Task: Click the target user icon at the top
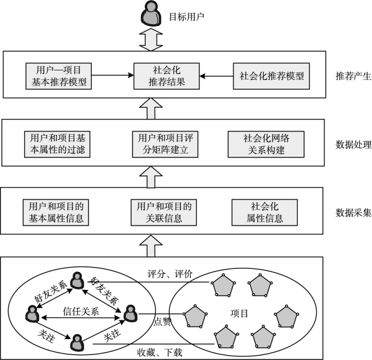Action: [x=151, y=13]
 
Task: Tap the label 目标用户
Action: [x=186, y=17]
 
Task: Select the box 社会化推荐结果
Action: [x=167, y=76]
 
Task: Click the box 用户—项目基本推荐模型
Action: [x=59, y=76]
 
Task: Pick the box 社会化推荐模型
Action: [x=271, y=76]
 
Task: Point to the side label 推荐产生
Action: [x=353, y=76]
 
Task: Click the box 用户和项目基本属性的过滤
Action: [x=57, y=144]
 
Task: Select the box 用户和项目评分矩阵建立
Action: [x=165, y=144]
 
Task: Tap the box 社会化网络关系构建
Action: [x=266, y=144]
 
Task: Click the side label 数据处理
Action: [x=353, y=144]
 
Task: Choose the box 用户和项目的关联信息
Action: [x=163, y=213]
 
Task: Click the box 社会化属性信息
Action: [x=264, y=213]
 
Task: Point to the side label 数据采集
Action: [x=353, y=213]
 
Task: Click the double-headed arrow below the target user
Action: [x=151, y=40]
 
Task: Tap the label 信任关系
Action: [x=80, y=311]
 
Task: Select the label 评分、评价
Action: [x=170, y=274]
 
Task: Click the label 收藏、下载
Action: [x=160, y=353]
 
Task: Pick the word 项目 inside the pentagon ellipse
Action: [x=239, y=314]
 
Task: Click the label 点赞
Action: [x=162, y=322]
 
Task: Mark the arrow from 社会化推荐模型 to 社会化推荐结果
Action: [x=217, y=76]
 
